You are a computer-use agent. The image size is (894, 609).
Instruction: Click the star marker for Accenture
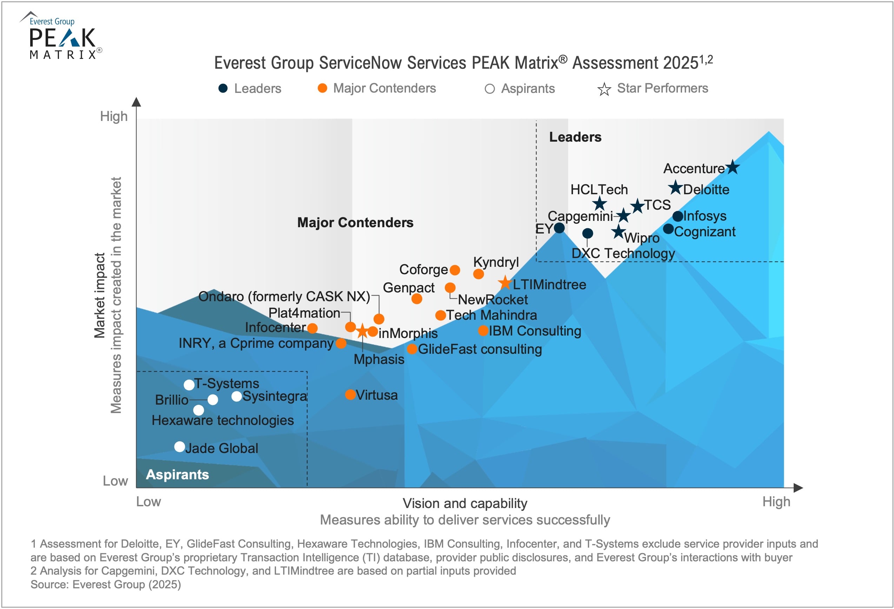point(733,167)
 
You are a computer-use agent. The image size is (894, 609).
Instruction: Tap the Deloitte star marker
point(675,188)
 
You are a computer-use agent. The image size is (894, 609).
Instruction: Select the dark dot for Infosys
point(678,216)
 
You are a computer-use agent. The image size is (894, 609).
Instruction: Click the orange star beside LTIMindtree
point(505,283)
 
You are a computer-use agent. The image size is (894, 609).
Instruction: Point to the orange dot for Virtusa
point(350,394)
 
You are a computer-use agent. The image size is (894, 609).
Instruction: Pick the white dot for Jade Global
point(180,447)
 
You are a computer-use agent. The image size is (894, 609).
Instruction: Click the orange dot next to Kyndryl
point(478,274)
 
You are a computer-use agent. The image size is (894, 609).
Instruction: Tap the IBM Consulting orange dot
point(483,330)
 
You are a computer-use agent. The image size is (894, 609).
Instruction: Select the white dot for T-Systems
point(189,385)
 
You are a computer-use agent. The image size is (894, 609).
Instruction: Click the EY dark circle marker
point(559,228)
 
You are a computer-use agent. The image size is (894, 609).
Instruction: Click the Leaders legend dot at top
point(223,88)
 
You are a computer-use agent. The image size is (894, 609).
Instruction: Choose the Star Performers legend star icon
point(604,89)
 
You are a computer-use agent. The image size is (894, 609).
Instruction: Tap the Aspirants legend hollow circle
point(489,89)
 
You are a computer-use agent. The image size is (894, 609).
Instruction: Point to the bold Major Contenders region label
point(355,223)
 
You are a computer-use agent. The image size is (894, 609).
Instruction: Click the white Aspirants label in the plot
point(177,474)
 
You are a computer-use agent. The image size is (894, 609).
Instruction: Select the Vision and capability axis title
point(465,503)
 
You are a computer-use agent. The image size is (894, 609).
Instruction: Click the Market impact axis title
point(100,295)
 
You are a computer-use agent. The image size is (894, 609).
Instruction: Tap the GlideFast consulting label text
point(480,349)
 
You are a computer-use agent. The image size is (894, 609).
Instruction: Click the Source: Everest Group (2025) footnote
point(106,584)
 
